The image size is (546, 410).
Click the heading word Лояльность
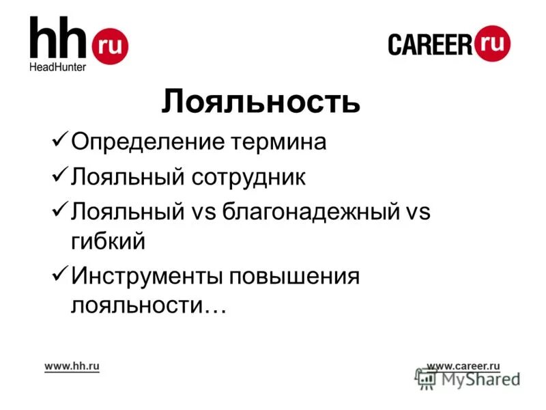261,102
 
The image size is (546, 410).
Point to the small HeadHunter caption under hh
57,67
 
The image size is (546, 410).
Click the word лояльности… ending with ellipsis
148,305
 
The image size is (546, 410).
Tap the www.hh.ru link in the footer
72,366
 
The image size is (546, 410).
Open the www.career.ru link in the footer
463,366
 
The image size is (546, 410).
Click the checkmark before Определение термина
59,141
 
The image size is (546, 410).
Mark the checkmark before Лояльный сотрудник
59,177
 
